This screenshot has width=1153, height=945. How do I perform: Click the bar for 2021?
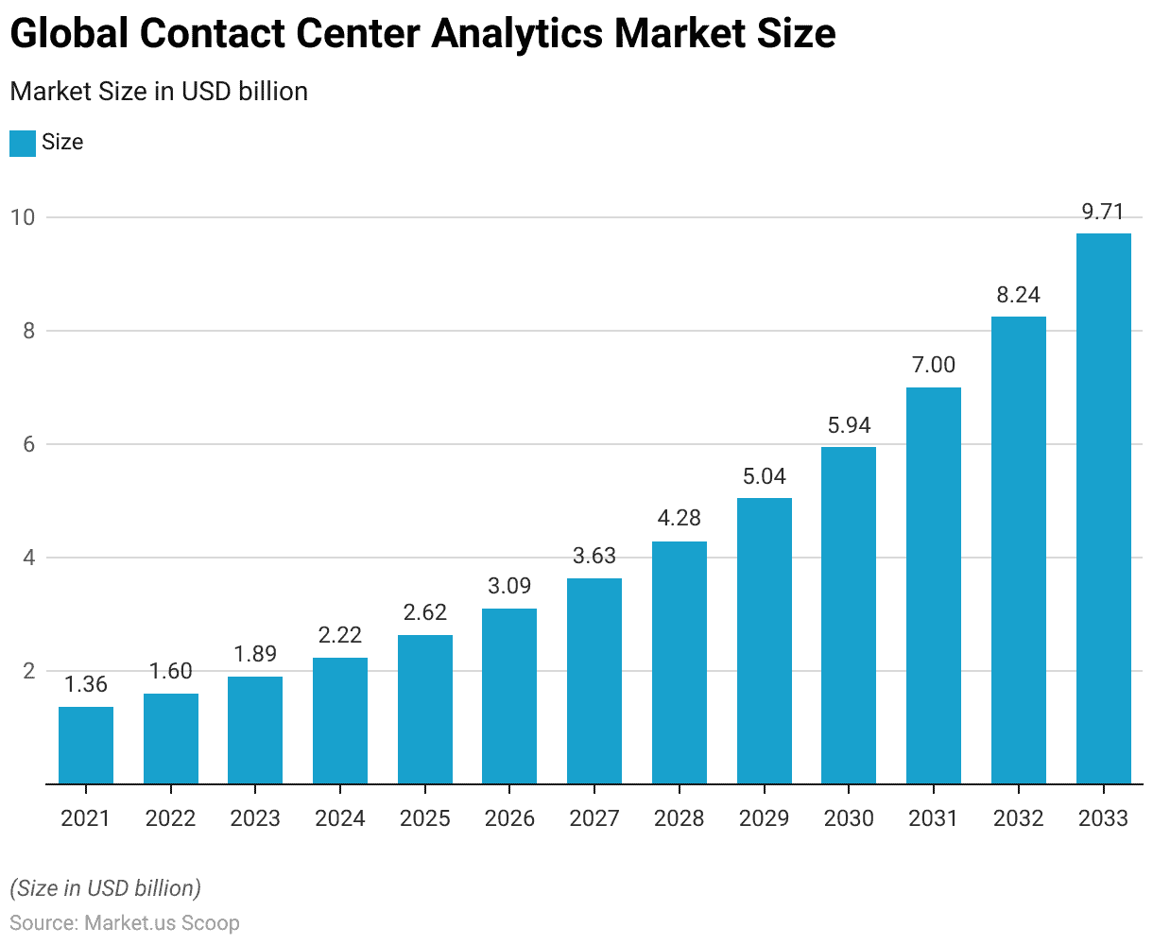pos(86,746)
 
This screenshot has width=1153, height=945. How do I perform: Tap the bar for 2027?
pos(594,681)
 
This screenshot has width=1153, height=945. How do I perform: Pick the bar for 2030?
pos(849,615)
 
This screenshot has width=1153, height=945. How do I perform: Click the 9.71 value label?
pos(1103,212)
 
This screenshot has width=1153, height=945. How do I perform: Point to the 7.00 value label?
pos(934,365)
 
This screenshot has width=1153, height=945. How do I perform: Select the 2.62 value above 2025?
pos(425,612)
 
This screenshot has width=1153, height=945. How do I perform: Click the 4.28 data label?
pos(680,519)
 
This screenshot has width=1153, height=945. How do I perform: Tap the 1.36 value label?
pos(86,684)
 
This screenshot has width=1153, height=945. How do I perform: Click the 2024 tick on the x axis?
pos(340,818)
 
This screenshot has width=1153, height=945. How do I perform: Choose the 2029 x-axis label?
pos(764,818)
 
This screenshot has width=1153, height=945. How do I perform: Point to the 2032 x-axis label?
pos(1018,818)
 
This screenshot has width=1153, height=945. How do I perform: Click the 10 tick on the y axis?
pos(22,217)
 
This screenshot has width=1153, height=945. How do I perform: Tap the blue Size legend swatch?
pos(23,143)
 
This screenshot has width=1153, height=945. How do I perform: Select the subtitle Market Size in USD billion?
pos(159,92)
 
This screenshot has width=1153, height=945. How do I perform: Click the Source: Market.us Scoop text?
pos(125,923)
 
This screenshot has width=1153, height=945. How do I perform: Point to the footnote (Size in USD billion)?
pos(105,888)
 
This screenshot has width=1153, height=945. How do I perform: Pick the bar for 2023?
pos(255,730)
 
